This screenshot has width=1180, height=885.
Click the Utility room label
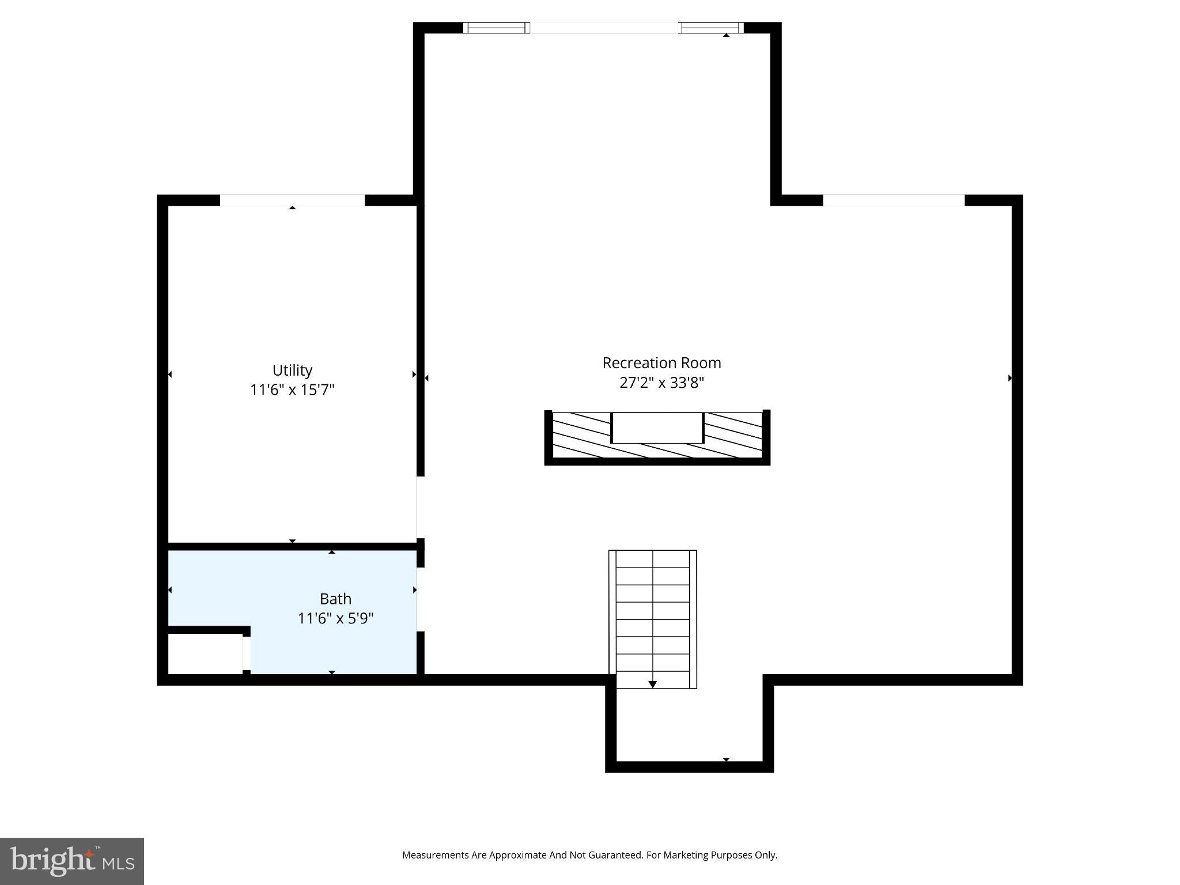pos(292,370)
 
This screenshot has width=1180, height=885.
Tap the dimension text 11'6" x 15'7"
pos(292,390)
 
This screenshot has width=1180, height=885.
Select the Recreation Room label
pos(661,363)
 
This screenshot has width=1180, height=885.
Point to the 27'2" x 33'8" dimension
pos(661,383)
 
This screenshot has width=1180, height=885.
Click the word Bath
pos(335,599)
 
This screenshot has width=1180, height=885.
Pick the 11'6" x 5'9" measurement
pos(335,618)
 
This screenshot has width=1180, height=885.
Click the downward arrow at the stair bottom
pos(652,684)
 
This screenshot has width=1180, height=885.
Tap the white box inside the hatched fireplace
pos(657,428)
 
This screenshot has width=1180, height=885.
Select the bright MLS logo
pos(72,861)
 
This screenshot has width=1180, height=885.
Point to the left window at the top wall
pos(497,28)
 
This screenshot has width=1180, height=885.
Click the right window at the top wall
pos(711,28)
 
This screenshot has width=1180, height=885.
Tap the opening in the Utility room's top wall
pos(292,200)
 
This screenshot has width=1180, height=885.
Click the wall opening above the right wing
pos(893,200)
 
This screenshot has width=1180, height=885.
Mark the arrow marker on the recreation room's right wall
pos(1009,378)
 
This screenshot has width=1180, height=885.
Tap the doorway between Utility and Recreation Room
pos(420,507)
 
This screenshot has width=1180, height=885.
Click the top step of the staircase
pos(652,559)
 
